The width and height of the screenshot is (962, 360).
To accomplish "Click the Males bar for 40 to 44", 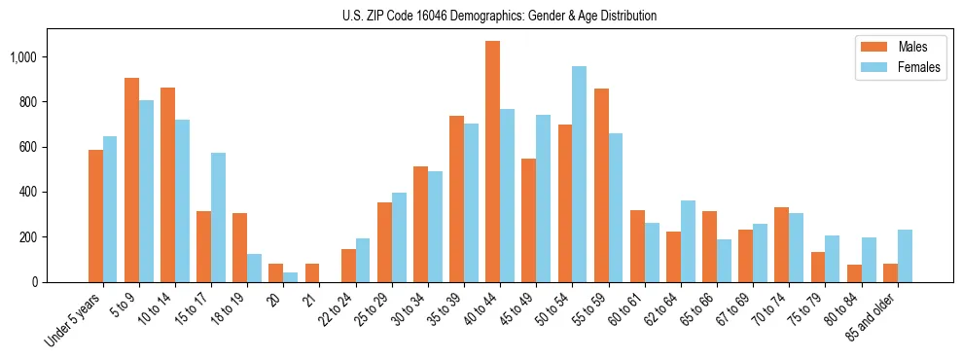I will (492, 162).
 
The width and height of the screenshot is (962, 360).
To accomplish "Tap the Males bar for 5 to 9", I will (131, 180).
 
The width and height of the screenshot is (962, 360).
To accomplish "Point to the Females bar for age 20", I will (290, 277).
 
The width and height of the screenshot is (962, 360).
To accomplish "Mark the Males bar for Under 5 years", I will (95, 216).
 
